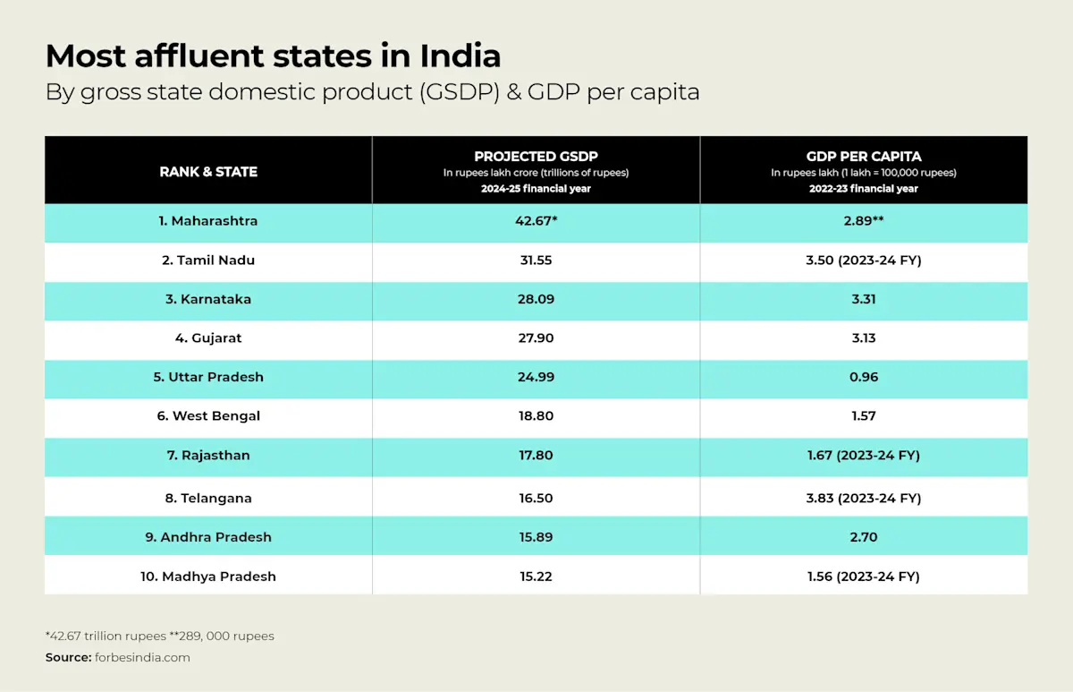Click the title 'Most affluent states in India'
273,56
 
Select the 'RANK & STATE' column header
208,171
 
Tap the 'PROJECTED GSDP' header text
536,157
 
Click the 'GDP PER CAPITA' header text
864,157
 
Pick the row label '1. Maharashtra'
208,221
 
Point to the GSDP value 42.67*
536,221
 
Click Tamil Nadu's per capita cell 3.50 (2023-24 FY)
864,261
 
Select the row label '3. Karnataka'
208,300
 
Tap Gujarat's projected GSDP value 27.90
536,338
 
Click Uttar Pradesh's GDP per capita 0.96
864,378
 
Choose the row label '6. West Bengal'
208,416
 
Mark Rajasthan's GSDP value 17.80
536,456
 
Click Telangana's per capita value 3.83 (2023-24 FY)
864,498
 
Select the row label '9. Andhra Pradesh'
208,537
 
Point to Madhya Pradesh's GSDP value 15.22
536,577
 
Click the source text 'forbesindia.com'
142,658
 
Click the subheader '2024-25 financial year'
536,189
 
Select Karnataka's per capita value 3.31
864,300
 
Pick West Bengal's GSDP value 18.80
536,416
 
